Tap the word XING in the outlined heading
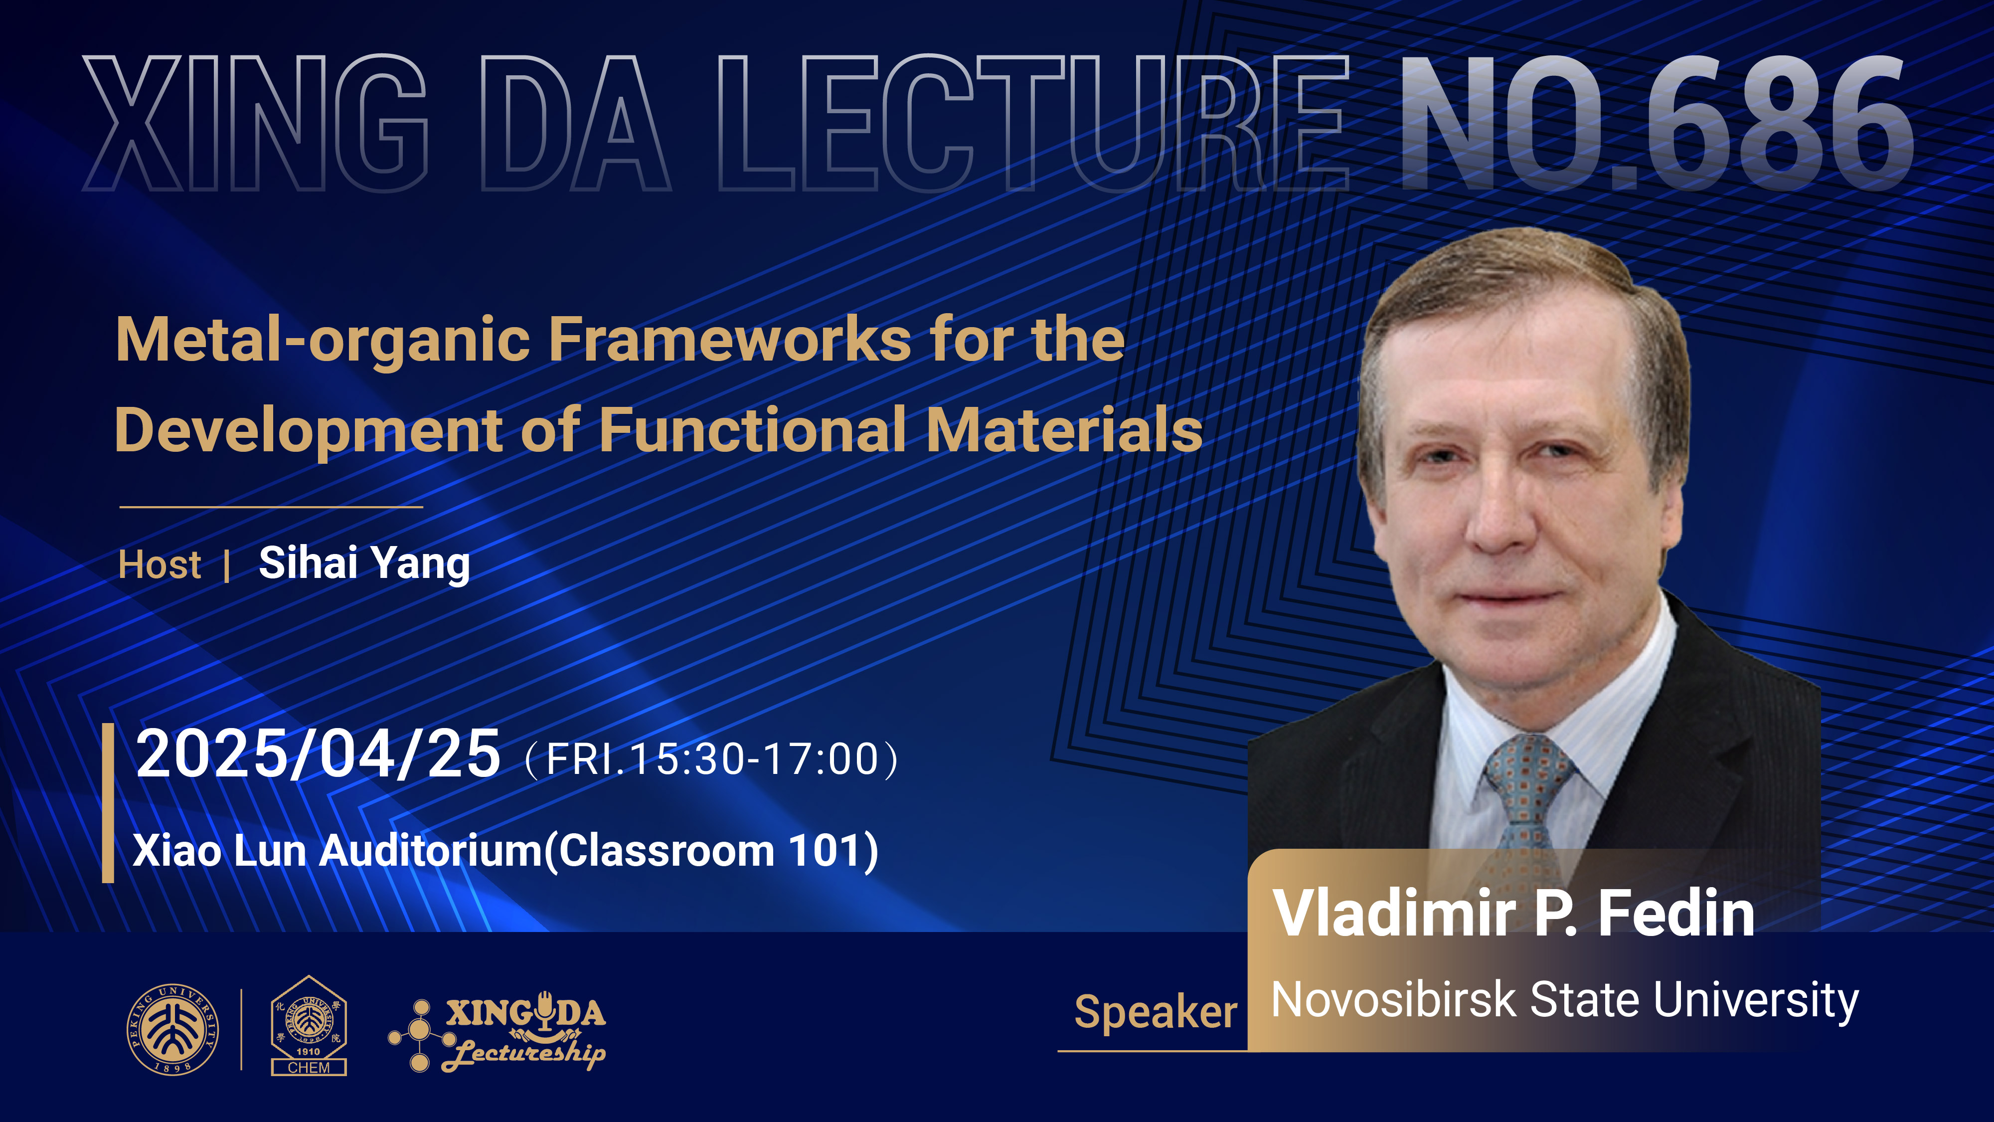coord(255,123)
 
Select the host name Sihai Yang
coord(364,563)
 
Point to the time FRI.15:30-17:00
coord(712,759)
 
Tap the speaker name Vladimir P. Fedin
coord(1513,914)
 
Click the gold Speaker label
coord(1156,1013)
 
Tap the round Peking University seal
coord(172,1030)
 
